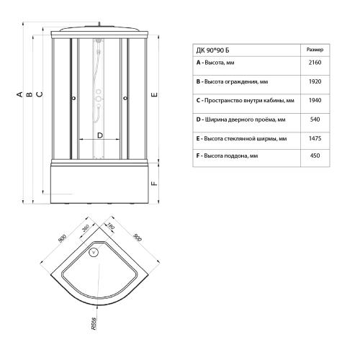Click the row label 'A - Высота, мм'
pos(216,63)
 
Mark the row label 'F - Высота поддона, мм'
pos(227,156)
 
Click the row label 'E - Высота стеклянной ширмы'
pos(240,138)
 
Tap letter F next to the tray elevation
pos(155,184)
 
